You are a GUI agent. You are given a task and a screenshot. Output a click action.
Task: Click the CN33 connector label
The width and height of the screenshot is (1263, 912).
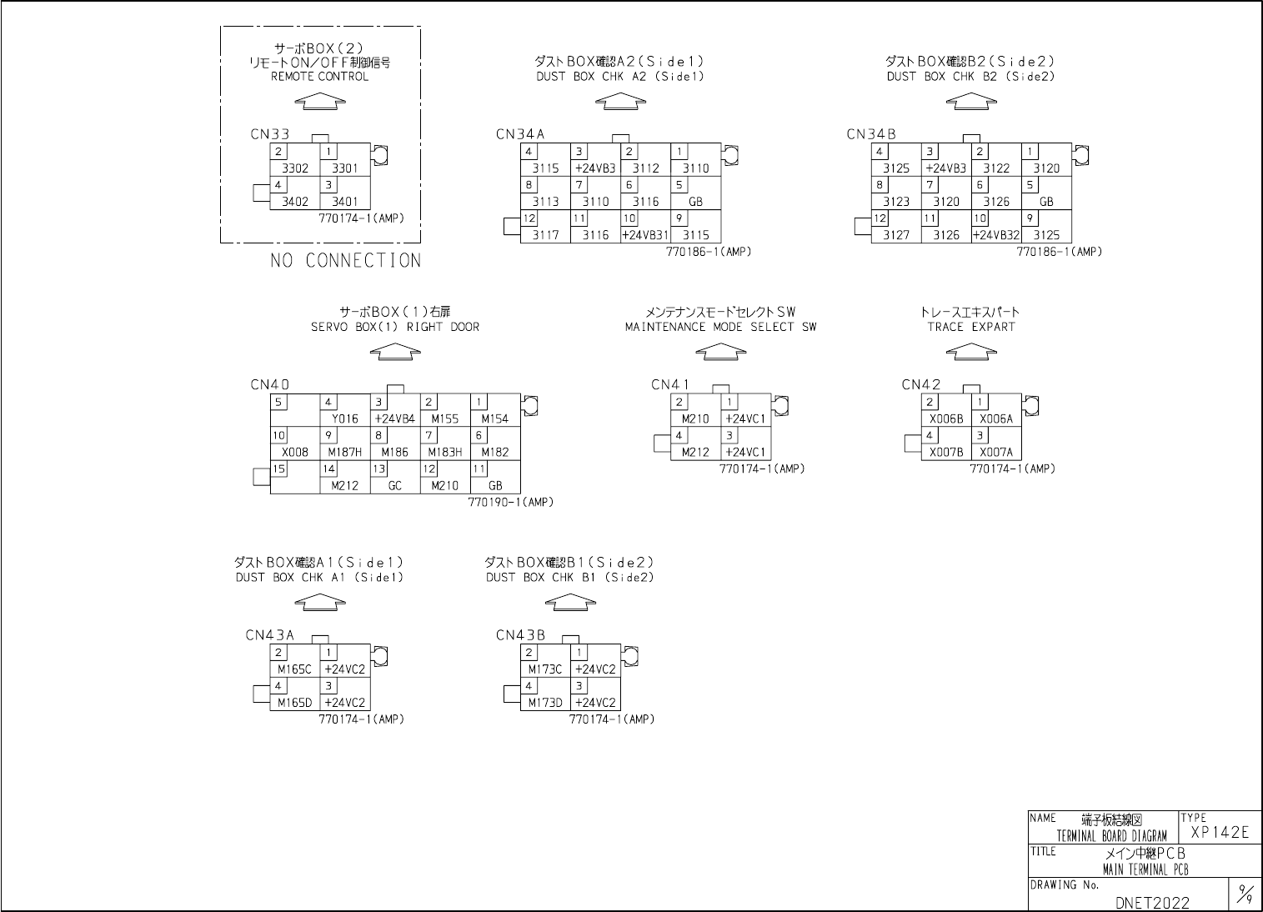point(270,134)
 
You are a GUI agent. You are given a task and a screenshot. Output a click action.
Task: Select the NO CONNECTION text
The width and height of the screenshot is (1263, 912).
point(345,261)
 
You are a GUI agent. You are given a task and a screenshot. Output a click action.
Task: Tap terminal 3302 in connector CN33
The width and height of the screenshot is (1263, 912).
point(295,168)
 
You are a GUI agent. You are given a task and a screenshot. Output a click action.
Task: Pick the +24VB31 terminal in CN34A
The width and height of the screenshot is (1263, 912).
point(645,235)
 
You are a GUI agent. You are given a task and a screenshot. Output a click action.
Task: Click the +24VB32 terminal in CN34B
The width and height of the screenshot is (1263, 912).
point(996,235)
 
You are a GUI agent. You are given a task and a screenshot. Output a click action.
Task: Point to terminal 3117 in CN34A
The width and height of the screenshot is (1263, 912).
point(545,235)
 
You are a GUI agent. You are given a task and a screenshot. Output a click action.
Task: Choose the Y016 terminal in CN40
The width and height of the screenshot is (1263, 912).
point(344,419)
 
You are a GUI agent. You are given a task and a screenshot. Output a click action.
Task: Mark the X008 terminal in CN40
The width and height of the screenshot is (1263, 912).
point(295,453)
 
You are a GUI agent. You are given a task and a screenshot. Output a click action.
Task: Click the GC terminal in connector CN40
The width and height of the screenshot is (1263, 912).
point(395,486)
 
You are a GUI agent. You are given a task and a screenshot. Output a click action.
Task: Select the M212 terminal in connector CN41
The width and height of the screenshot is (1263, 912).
point(695,453)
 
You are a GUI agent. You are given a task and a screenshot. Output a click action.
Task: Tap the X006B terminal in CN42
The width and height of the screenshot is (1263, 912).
point(946,419)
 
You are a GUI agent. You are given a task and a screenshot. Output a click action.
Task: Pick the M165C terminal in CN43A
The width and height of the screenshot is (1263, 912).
point(294,669)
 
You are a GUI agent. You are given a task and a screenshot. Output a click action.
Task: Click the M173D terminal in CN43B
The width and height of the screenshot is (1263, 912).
point(545,703)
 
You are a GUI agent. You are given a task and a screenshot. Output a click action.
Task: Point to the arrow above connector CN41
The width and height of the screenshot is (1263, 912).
point(720,353)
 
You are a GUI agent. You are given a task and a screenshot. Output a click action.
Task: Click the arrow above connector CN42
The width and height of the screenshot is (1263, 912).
point(971,353)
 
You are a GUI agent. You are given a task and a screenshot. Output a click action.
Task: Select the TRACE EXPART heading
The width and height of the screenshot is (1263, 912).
point(971,327)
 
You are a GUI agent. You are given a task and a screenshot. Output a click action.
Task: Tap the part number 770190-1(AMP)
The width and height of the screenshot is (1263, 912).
point(511,503)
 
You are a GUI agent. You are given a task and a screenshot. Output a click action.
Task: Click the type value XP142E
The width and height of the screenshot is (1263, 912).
point(1220,833)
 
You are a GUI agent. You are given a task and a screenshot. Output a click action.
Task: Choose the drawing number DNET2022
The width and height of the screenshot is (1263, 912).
point(1152,902)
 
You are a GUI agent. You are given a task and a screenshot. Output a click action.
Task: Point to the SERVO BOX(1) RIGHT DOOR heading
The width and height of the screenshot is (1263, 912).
point(395,327)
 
